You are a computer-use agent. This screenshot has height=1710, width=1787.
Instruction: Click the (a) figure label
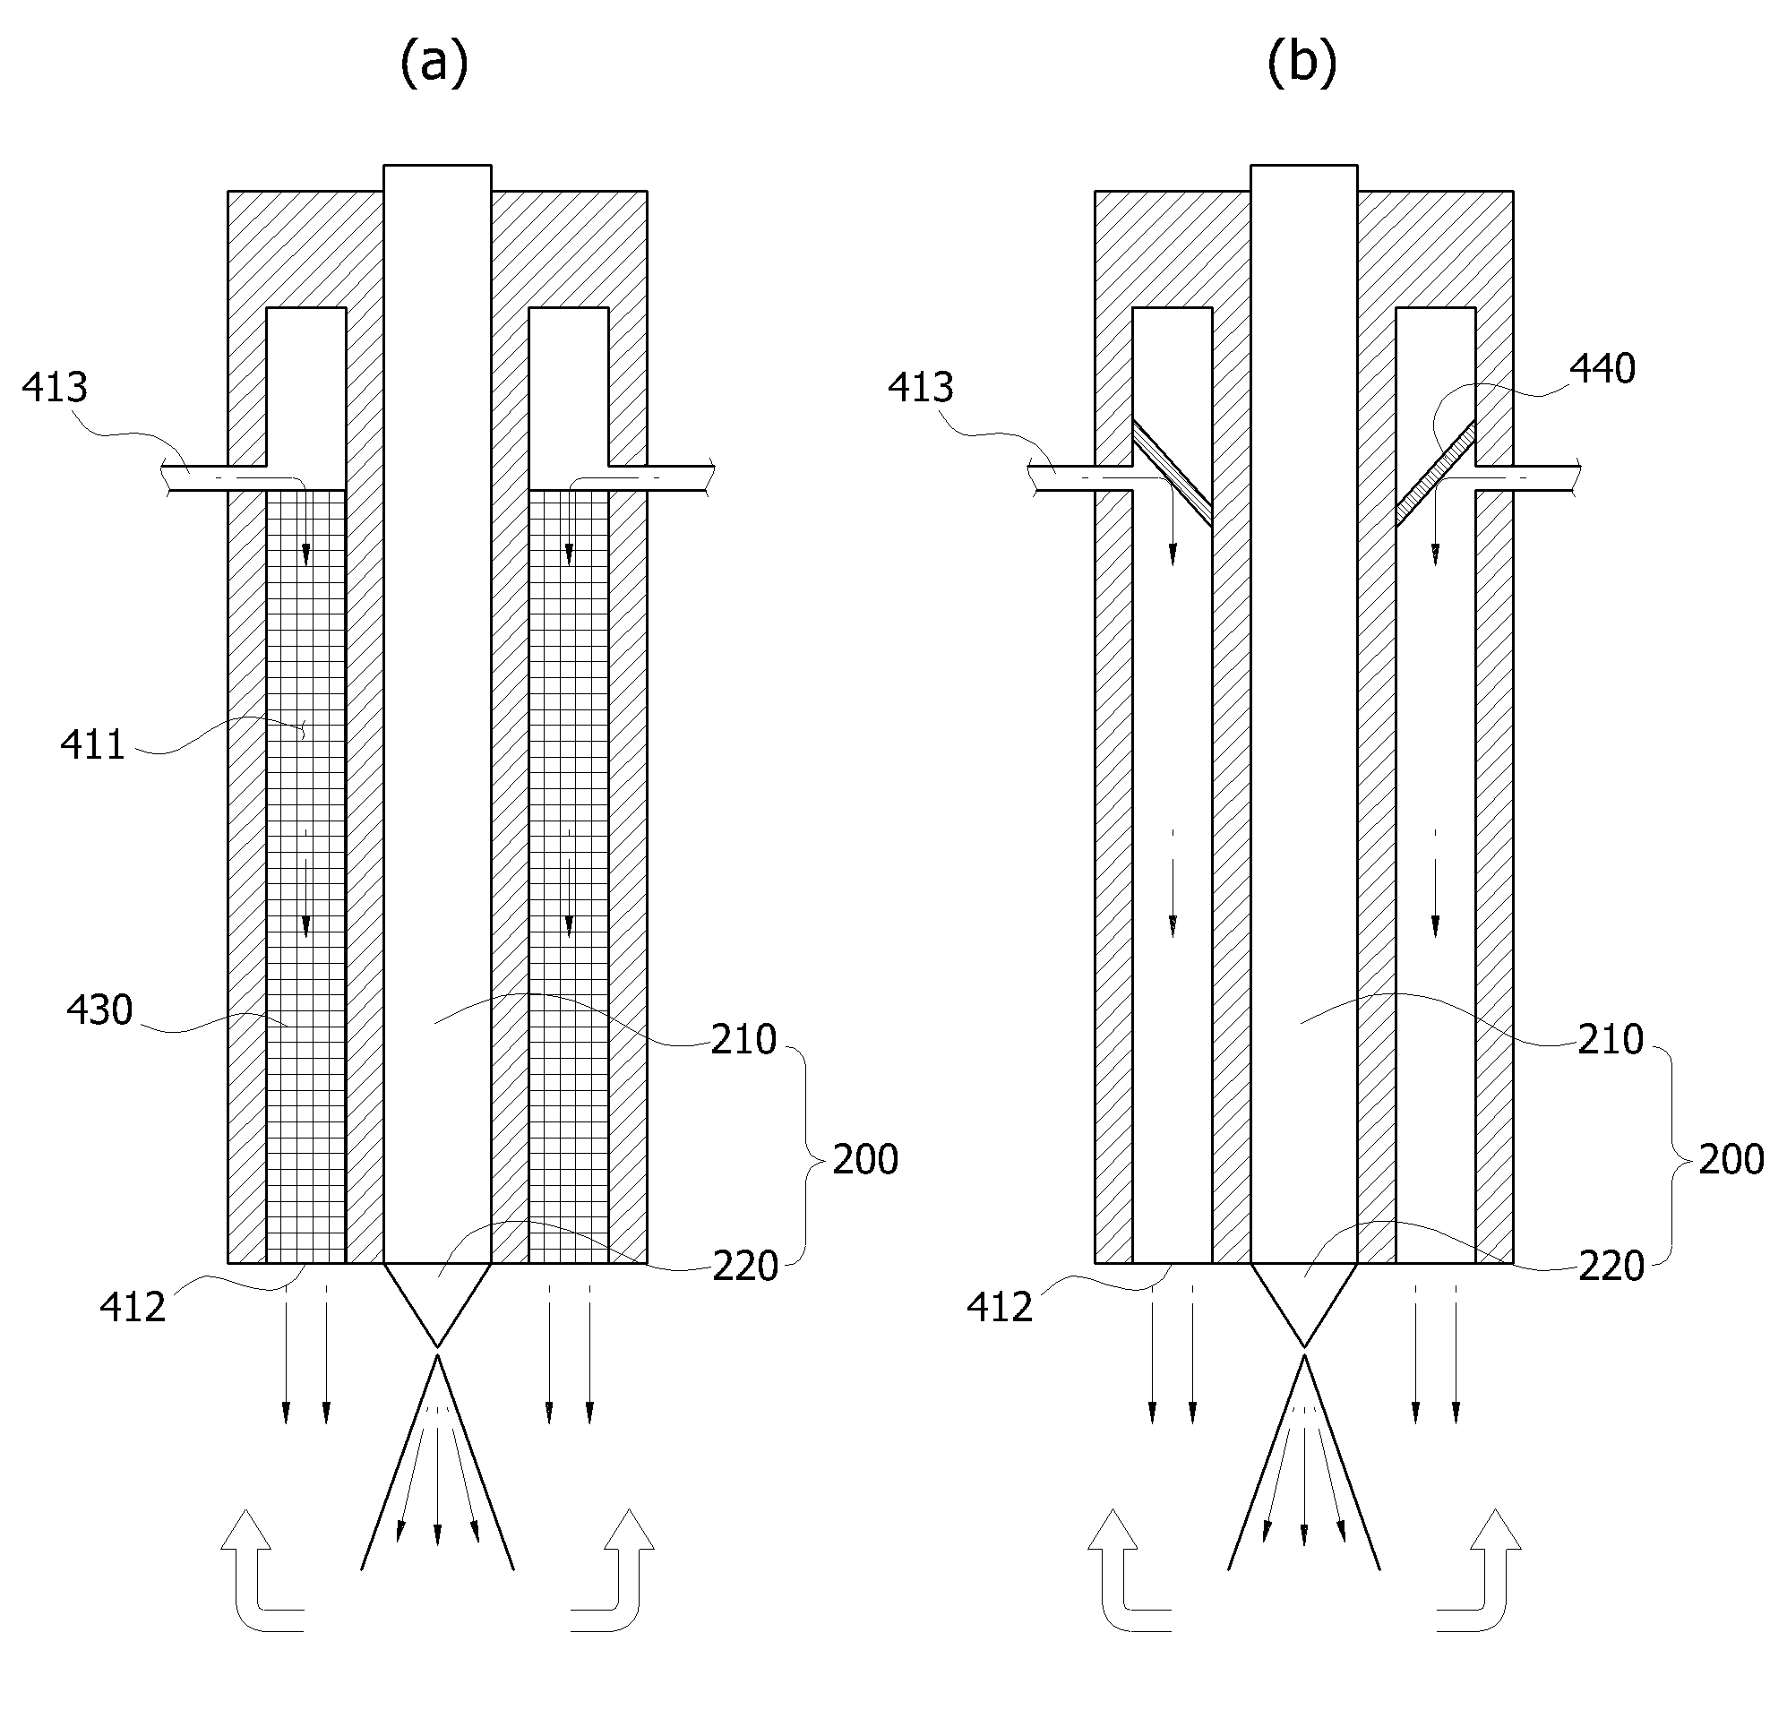coord(434,64)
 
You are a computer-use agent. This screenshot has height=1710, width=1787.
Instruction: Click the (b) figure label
coord(1302,64)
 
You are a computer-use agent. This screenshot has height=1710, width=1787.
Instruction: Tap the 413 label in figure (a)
coord(55,387)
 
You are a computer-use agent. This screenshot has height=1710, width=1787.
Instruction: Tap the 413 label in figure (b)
coord(921,387)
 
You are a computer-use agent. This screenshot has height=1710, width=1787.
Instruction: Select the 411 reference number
coord(92,744)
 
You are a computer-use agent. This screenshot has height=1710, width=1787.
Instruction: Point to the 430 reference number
coord(99,1010)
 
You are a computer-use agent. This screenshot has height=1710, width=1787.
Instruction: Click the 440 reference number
coord(1602,369)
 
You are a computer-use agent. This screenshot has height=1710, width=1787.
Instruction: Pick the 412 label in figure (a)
coord(133,1307)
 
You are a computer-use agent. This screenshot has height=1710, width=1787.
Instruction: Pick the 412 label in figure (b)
coord(999,1307)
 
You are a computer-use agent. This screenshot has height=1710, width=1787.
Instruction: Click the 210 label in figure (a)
coord(743,1039)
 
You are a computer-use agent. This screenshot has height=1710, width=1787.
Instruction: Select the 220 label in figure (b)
coord(1611,1267)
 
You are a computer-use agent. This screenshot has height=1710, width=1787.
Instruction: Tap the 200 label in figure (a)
coord(864,1159)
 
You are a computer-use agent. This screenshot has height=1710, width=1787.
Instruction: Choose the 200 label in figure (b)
coord(1731,1159)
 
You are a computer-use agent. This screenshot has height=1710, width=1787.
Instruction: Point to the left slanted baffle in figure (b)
coord(1173,473)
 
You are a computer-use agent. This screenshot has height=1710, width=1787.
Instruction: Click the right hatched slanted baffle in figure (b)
coord(1435,473)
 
